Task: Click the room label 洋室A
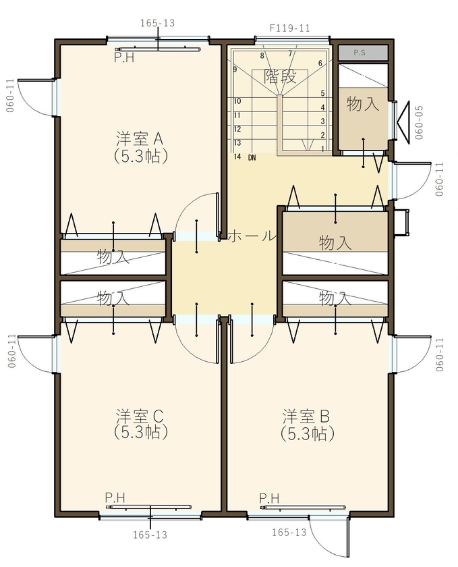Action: pyautogui.click(x=140, y=138)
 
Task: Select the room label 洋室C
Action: pyautogui.click(x=140, y=414)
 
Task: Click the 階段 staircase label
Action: pyautogui.click(x=280, y=76)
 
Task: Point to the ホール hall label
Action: pyautogui.click(x=253, y=236)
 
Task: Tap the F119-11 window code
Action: pyautogui.click(x=289, y=28)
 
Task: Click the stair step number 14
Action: pyautogui.click(x=237, y=157)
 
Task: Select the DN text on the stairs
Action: pyautogui.click(x=252, y=157)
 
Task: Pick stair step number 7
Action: pyautogui.click(x=290, y=53)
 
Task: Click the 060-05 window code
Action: pyautogui.click(x=419, y=122)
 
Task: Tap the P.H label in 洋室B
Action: pyautogui.click(x=268, y=498)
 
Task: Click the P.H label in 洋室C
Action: pyautogui.click(x=115, y=498)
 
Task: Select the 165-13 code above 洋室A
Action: pyautogui.click(x=158, y=23)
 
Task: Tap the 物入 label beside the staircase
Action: pyautogui.click(x=362, y=104)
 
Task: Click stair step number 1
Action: pyautogui.click(x=324, y=149)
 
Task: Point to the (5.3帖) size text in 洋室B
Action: pyautogui.click(x=307, y=433)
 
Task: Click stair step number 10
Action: pyautogui.click(x=237, y=101)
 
